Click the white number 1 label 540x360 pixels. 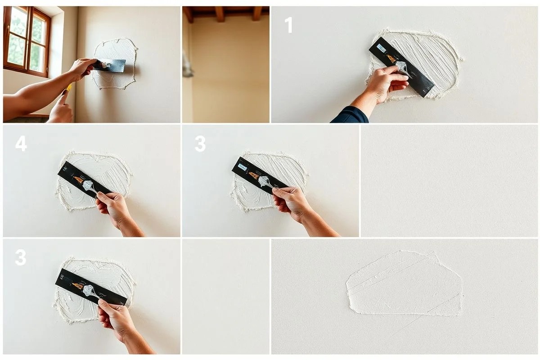pos(289,25)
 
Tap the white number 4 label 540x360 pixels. pos(21,144)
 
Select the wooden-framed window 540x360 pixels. pos(27,41)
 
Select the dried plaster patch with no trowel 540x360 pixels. pos(405,284)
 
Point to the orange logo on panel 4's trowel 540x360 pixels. pos(79,179)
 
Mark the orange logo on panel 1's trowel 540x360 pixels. pos(391,58)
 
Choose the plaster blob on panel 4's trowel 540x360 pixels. pos(88,185)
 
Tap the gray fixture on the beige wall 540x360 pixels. pos(188,64)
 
